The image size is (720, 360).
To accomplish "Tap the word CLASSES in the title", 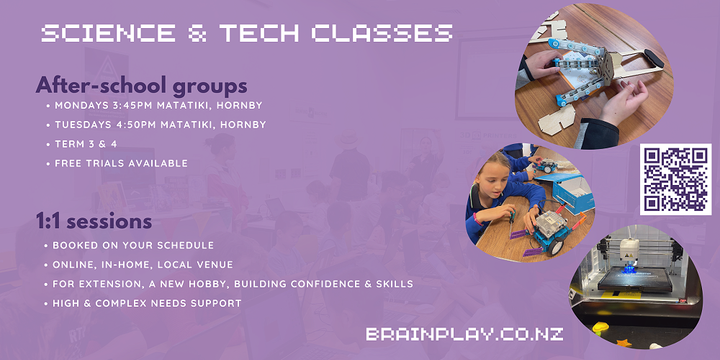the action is tap(382, 34).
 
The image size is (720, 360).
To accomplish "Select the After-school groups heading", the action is tap(141, 86).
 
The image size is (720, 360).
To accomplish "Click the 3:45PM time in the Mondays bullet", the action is tap(132, 105).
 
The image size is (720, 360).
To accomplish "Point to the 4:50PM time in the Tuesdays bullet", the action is tap(134, 125).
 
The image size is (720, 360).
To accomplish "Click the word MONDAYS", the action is tap(81, 105).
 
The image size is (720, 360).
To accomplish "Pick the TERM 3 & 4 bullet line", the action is tap(86, 144).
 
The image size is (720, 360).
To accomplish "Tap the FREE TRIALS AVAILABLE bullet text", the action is tap(121, 163).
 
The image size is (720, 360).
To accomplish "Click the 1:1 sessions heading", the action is tap(94, 221).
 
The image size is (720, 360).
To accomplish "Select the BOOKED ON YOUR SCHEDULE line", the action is tap(133, 246).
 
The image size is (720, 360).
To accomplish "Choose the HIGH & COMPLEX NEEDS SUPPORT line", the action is tap(147, 303).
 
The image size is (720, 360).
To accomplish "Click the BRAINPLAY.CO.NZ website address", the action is tap(464, 334).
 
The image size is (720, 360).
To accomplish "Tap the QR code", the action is tap(675, 179).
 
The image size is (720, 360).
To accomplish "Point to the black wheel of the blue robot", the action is tap(555, 246).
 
